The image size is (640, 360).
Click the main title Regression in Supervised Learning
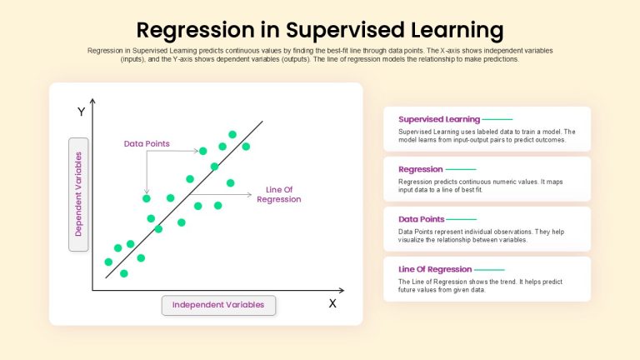coord(320,30)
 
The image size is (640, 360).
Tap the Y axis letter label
coord(81,112)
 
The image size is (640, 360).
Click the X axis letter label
coord(332,303)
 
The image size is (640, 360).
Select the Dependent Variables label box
coord(78,194)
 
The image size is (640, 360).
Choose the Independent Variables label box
coord(218,305)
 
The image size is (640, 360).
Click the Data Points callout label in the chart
coord(147,143)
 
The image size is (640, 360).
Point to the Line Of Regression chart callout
coord(279,195)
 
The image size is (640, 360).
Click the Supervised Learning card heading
coord(439,119)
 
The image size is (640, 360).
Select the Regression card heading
coord(420,169)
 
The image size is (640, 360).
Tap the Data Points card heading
coord(421,219)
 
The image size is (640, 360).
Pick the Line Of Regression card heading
coord(435,269)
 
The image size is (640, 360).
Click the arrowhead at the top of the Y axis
coord(92,101)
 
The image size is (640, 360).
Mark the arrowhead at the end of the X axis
coord(342,290)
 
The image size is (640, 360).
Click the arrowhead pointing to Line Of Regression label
coord(249,195)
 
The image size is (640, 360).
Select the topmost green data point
coord(232,134)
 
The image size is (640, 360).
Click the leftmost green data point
coord(108,262)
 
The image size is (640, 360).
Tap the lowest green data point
coord(124,273)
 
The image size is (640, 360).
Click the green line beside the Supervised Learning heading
coord(497,120)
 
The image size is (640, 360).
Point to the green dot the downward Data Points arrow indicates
coord(147,199)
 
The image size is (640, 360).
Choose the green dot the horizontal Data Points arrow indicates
coord(202,151)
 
